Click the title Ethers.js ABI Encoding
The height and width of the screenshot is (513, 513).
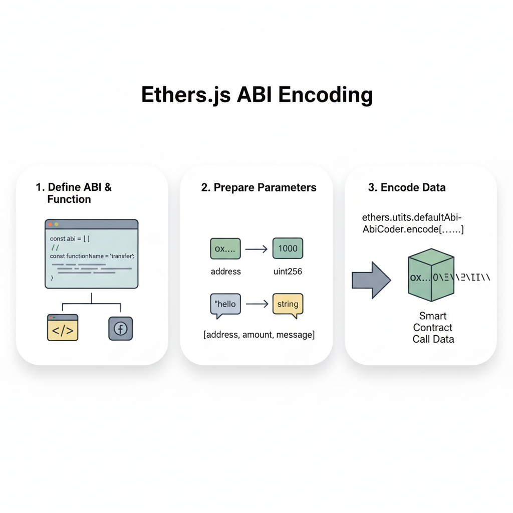(x=256, y=95)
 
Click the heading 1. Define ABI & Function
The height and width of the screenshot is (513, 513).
(x=74, y=193)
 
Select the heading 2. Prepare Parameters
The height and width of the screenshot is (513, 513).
(x=259, y=188)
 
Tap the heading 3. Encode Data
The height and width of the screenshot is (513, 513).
(x=406, y=188)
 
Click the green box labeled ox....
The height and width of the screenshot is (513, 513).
(x=225, y=248)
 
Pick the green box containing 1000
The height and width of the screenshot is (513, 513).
(x=288, y=248)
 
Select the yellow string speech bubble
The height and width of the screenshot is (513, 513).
(x=288, y=304)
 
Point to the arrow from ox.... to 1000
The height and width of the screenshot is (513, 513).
(x=256, y=248)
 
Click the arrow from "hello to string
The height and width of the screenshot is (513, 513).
(x=256, y=304)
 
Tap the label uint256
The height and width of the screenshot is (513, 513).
(x=287, y=272)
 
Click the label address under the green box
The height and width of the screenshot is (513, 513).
(x=225, y=272)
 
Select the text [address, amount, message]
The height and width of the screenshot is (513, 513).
(x=259, y=335)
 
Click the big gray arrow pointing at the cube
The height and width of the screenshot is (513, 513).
(x=371, y=281)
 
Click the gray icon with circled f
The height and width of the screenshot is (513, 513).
(x=121, y=329)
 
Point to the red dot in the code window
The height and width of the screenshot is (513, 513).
(x=51, y=224)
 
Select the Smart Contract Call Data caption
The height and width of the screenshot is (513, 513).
(x=433, y=328)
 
